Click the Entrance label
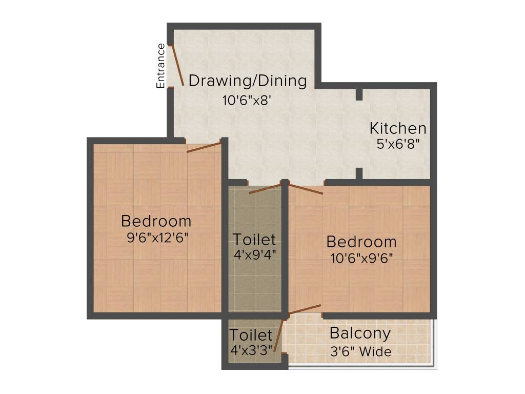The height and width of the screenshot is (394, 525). [x=161, y=66]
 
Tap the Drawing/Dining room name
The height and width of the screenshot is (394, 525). [x=248, y=81]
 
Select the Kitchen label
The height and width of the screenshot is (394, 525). [x=398, y=128]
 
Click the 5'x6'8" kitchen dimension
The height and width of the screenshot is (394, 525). [x=398, y=144]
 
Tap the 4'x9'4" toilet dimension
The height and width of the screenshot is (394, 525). [x=255, y=254]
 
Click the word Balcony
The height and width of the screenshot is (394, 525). [x=360, y=333]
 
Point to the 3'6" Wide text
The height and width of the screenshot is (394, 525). [x=360, y=351]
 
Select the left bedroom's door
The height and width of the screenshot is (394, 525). [x=204, y=146]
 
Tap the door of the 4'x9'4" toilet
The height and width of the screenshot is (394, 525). [x=265, y=188]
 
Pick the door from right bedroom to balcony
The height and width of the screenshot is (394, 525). [x=305, y=309]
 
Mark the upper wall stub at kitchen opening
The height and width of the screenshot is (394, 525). [x=359, y=95]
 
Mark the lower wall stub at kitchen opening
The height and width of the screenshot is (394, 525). [x=359, y=173]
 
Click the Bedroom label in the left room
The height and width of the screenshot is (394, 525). [x=156, y=222]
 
